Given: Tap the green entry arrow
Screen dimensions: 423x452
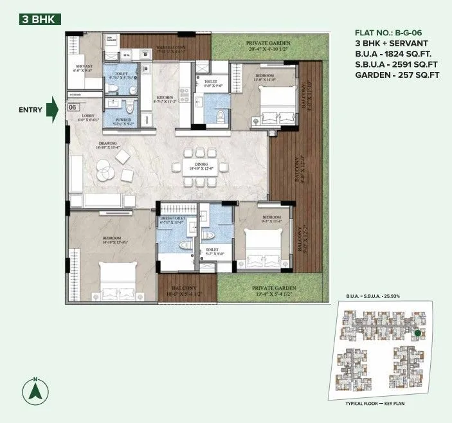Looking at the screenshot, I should (55, 109).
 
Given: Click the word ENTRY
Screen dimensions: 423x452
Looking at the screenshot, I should (30, 110).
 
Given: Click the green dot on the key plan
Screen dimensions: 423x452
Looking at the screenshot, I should (418, 333).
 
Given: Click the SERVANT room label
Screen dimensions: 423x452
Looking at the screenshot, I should (84, 66).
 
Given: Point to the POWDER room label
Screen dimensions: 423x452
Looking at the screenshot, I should (123, 120).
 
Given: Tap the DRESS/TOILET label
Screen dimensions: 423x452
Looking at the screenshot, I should (172, 218).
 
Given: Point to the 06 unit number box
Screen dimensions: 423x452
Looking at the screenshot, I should (73, 109).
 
